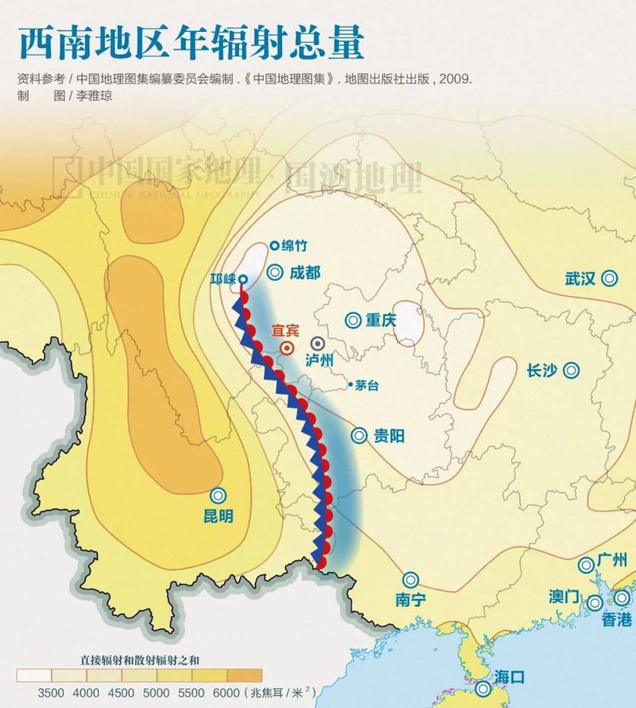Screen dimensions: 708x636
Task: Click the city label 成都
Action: (304, 272)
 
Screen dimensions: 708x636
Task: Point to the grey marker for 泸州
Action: (318, 343)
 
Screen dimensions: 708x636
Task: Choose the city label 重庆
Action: (380, 321)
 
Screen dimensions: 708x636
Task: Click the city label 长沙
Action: (543, 371)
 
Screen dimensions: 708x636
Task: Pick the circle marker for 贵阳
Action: (359, 435)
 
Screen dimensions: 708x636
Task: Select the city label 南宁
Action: (411, 601)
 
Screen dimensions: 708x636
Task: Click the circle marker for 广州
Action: (586, 564)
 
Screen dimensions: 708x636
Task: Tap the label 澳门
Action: (564, 597)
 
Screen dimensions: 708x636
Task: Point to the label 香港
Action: (616, 619)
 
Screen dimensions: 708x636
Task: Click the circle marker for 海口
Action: (483, 689)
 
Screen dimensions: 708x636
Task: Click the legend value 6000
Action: (227, 692)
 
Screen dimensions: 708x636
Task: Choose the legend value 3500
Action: (51, 692)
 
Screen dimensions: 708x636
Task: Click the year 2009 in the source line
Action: (456, 80)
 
